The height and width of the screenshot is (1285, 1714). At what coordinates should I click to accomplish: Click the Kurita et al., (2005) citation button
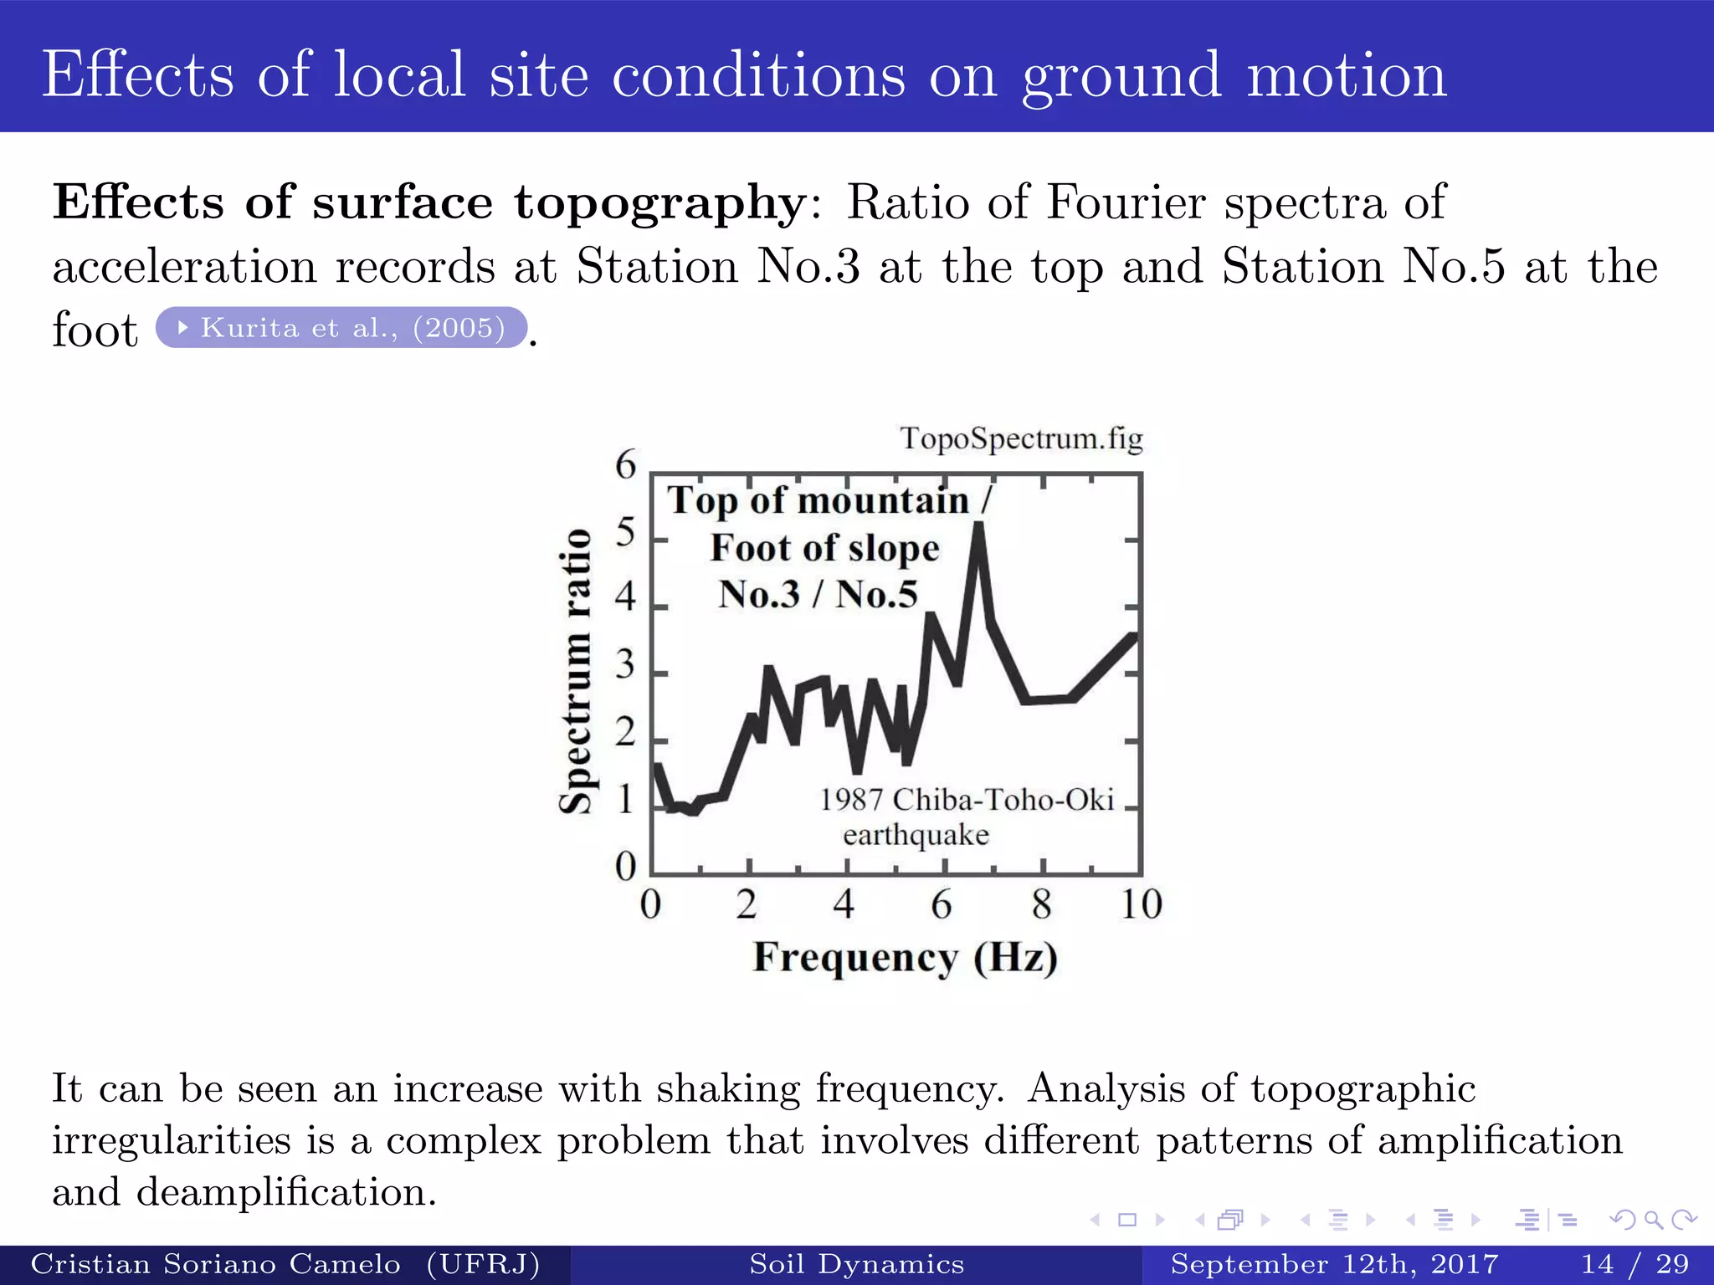coord(341,327)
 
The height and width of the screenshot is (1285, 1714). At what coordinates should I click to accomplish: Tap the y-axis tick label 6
coord(625,464)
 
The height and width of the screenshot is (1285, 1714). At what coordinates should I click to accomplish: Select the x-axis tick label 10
coord(1141,904)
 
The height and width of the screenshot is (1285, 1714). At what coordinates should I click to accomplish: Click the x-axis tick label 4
coord(844,904)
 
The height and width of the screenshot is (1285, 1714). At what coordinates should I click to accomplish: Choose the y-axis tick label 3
coord(625,666)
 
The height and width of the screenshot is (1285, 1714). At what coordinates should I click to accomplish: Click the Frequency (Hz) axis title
coord(905,957)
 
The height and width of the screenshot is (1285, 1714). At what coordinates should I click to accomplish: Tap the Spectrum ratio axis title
coord(576,671)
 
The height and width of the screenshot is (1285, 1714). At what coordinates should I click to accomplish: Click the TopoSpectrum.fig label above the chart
coord(1021,438)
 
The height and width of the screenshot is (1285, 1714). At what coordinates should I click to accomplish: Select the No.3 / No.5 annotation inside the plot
coord(818,594)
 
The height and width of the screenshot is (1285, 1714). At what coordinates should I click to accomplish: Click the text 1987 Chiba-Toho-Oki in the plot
coord(966,800)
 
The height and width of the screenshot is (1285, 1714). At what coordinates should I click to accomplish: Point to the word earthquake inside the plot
coord(916,835)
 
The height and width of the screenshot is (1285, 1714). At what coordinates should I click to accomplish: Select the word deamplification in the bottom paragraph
coord(286,1191)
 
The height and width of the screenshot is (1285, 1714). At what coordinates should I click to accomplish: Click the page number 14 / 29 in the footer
coord(1634,1264)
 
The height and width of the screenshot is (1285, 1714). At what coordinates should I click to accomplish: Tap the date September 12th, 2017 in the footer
coord(1334,1264)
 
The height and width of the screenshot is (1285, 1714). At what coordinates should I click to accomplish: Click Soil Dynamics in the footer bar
coord(856,1264)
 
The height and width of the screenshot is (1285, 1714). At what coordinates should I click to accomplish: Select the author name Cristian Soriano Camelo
coord(216,1264)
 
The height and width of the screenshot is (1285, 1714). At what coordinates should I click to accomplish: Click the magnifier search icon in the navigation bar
coord(1653,1220)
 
